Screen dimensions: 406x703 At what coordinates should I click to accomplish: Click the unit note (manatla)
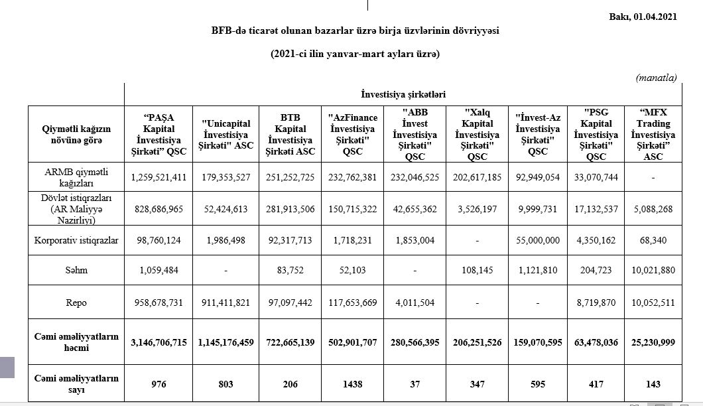tap(656, 78)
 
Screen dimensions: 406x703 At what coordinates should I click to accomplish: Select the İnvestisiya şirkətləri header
tap(403, 95)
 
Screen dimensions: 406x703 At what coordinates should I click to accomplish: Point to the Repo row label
tap(76, 303)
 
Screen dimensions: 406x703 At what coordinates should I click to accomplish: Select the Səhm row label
tap(76, 271)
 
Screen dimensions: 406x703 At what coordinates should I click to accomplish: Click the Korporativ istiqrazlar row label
tap(76, 239)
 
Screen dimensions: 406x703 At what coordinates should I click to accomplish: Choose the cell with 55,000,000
tap(537, 239)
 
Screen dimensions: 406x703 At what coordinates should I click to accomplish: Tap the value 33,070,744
tap(596, 177)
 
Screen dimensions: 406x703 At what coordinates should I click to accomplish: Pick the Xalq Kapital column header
tap(474, 135)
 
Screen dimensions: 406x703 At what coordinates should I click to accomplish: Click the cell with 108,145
tap(474, 271)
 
